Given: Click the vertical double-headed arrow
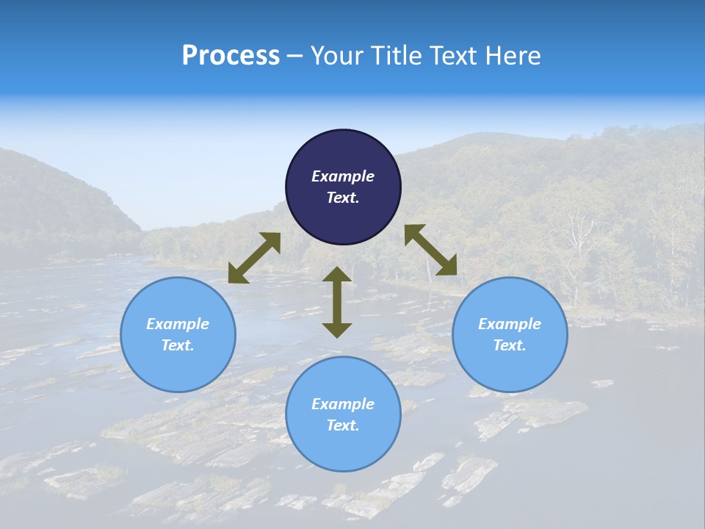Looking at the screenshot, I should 337,302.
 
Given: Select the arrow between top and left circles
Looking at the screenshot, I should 254,258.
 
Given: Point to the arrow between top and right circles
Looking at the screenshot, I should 431,250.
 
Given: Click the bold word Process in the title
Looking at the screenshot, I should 231,55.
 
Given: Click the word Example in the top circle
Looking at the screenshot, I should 343,176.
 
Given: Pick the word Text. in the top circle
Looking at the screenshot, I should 343,198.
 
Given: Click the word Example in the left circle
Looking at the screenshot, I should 178,324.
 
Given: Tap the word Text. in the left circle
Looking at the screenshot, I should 178,345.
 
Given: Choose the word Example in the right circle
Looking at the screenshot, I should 510,324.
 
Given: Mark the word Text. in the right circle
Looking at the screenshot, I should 510,345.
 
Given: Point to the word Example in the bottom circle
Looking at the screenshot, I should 343,404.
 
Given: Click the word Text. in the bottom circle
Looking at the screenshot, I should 343,425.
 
